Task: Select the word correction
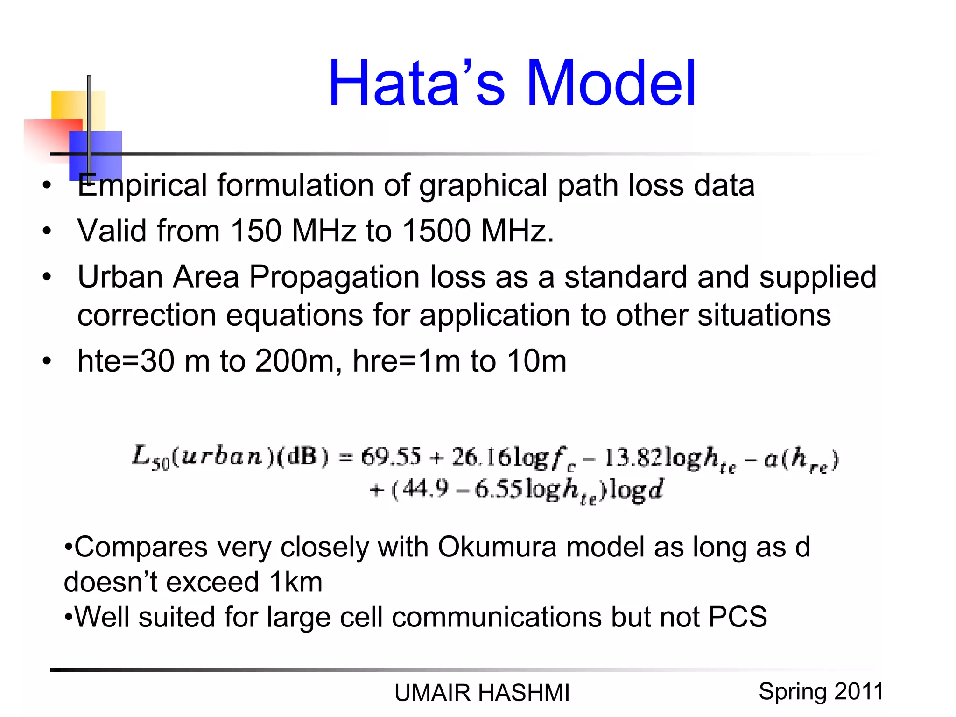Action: tap(147, 316)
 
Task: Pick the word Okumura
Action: tap(497, 547)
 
